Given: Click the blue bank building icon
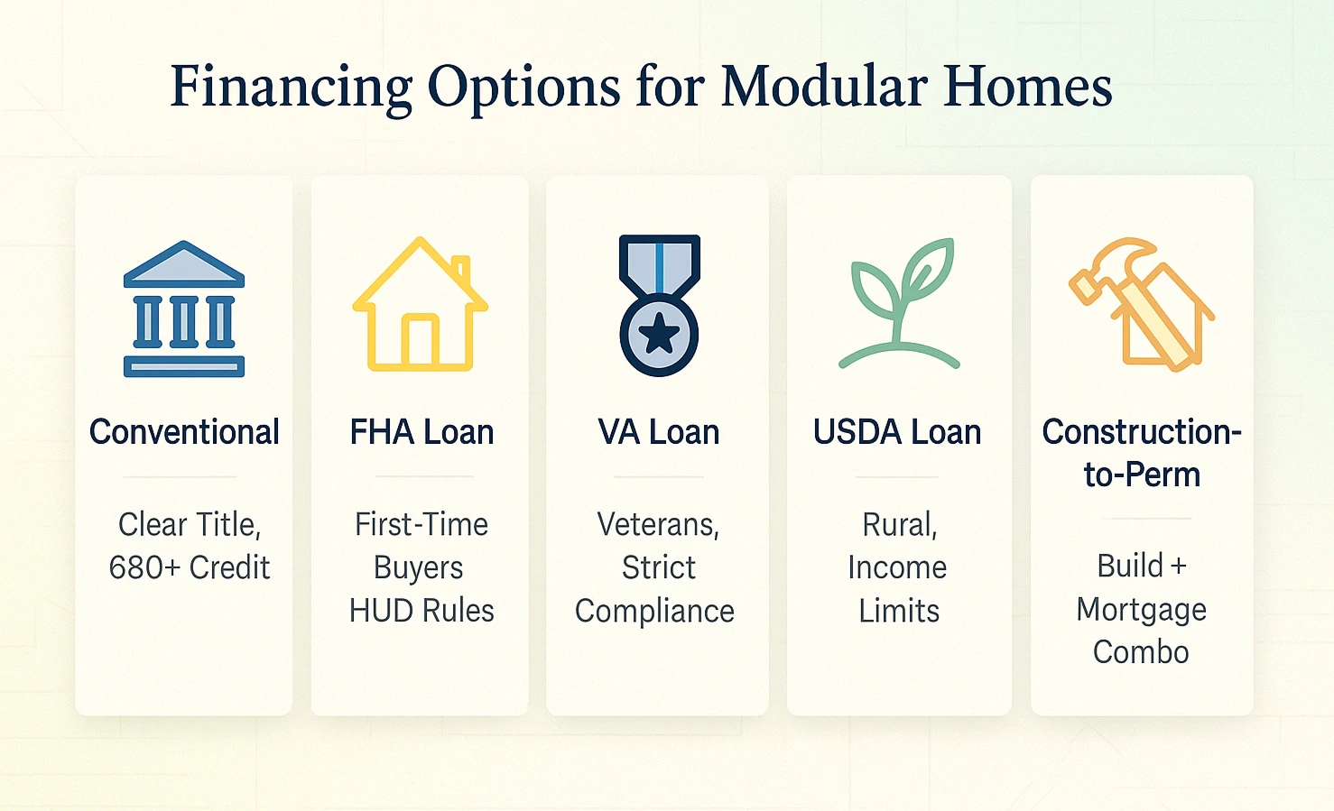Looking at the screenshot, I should click(x=184, y=309).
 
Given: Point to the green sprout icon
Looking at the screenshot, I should click(x=899, y=303).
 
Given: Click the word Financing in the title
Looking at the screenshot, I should click(x=292, y=88).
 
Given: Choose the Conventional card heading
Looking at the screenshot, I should click(x=184, y=432).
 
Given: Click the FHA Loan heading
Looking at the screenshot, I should click(x=422, y=432).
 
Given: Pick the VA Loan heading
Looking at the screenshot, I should click(x=659, y=432).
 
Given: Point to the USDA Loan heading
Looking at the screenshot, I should click(x=897, y=432).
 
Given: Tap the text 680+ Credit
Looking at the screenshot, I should click(x=190, y=567).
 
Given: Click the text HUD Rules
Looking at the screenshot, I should click(x=422, y=611).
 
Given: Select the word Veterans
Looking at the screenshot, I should click(x=658, y=524).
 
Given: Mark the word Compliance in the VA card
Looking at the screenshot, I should click(x=654, y=611).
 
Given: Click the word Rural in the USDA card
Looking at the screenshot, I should click(x=899, y=524).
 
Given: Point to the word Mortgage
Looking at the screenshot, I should click(x=1141, y=609).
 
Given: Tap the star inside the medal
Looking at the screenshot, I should click(x=659, y=334).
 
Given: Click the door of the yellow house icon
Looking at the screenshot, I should click(x=420, y=343).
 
